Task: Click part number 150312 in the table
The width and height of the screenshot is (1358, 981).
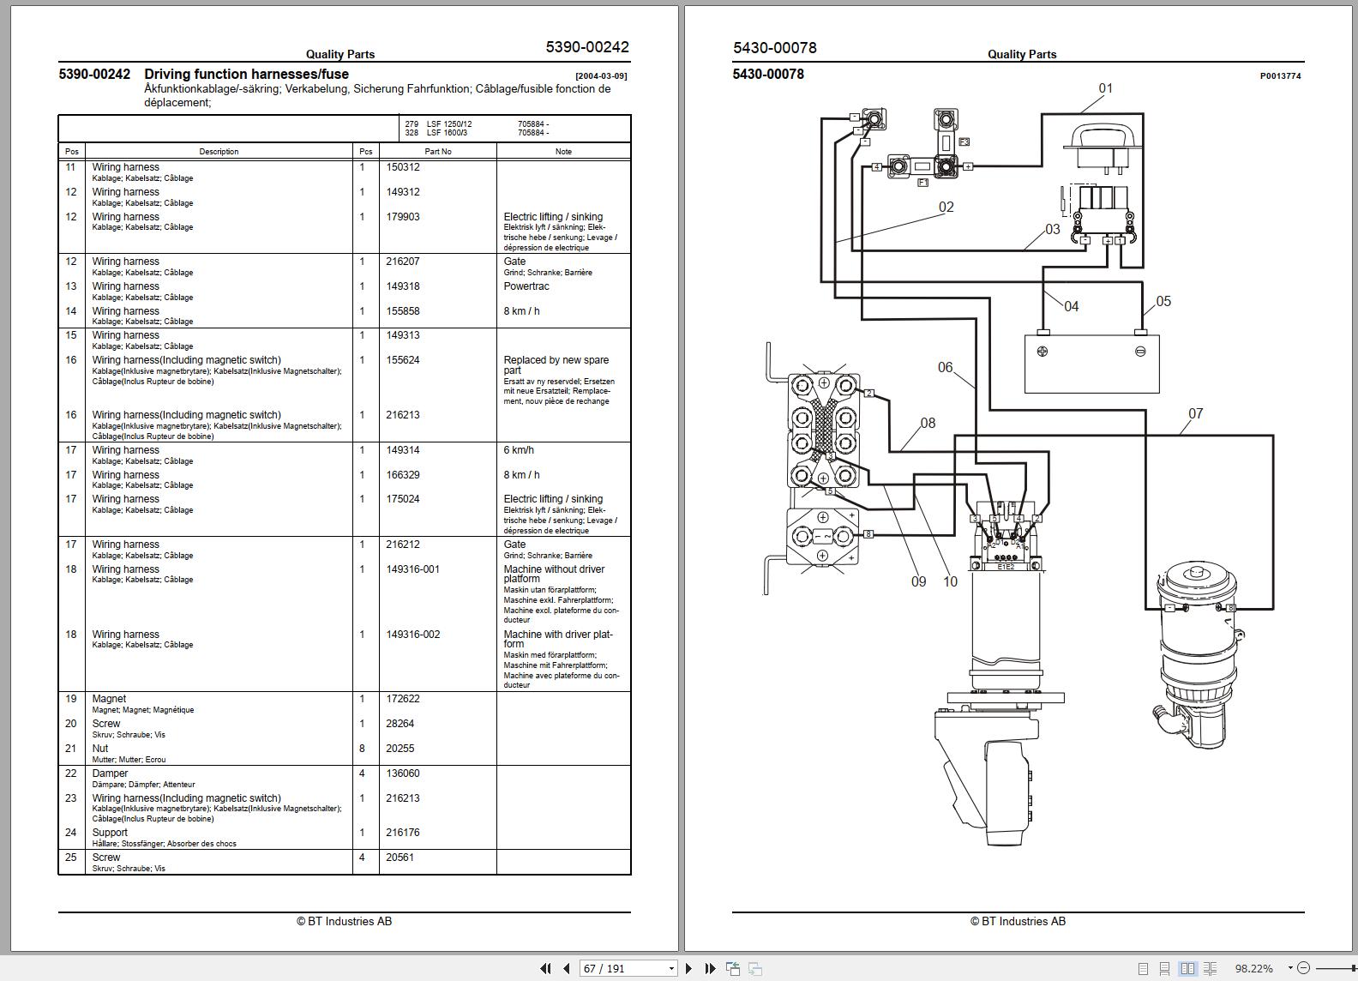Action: point(403,167)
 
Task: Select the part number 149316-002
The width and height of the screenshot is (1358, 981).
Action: point(412,635)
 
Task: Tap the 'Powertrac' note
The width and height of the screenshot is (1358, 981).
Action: point(526,286)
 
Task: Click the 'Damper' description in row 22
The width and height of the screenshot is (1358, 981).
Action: point(110,773)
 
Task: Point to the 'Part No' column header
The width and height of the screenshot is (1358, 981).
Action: point(437,152)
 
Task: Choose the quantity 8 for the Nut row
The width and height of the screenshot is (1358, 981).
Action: point(362,749)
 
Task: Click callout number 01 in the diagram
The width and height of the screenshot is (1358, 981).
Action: point(1105,88)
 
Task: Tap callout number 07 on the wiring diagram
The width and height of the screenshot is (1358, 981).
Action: point(1195,414)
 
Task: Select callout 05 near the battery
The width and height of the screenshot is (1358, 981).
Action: point(1163,302)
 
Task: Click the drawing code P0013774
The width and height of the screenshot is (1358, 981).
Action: point(1280,76)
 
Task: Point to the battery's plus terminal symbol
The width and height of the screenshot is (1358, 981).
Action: point(1043,352)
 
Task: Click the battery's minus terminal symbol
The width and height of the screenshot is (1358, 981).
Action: point(1140,352)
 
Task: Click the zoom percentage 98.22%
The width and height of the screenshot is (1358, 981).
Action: point(1253,968)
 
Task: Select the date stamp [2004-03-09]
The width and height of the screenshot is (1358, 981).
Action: point(600,76)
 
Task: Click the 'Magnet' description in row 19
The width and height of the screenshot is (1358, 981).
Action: point(109,699)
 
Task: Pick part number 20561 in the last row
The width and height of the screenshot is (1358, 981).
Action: point(400,858)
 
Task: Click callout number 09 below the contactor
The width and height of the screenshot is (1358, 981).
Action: point(918,581)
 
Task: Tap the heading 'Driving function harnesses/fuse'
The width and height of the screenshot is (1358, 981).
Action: point(246,75)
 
